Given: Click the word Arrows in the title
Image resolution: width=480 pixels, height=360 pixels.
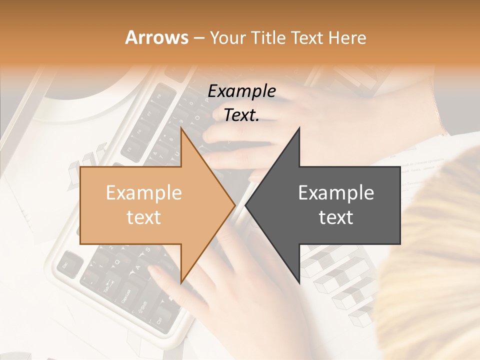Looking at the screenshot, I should tap(156, 37).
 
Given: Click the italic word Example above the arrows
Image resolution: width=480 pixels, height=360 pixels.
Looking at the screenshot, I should tap(241, 91).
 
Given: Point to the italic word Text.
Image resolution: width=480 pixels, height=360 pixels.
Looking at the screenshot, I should tap(241, 115).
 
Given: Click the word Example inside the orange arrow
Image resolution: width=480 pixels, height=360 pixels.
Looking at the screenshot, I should tap(143, 192).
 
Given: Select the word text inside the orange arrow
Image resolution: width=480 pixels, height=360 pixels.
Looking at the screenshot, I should tap(143, 217).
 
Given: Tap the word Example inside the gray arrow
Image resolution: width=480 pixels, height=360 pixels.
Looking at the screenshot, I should tap(336, 192).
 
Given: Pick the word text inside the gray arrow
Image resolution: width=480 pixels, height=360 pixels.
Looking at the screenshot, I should tap(336, 217).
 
